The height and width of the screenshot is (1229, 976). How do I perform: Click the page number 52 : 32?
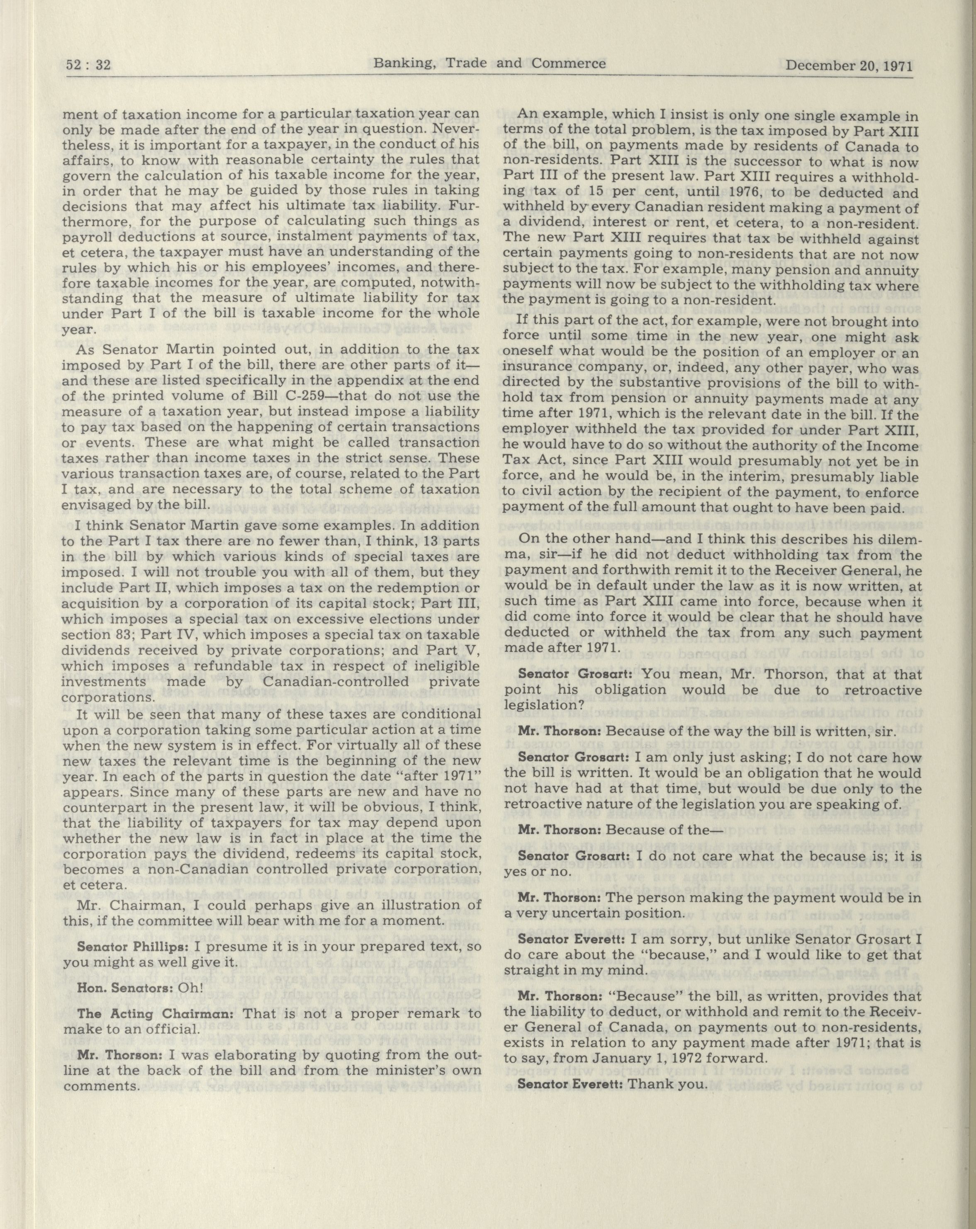tap(88, 65)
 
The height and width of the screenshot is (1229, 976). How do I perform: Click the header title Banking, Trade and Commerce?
tap(489, 63)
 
